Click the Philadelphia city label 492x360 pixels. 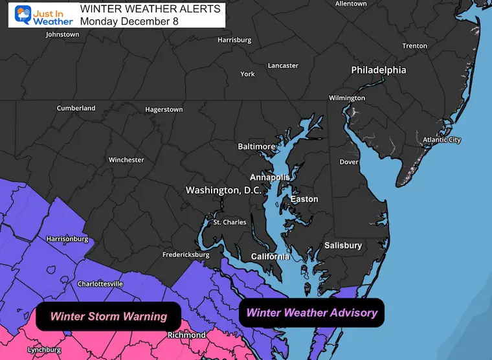(379, 69)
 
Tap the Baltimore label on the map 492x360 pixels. (256, 146)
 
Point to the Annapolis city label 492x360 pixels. (270, 177)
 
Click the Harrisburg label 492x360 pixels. (234, 40)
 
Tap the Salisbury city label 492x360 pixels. (343, 245)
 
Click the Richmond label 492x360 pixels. (186, 335)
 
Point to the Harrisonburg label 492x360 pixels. (67, 239)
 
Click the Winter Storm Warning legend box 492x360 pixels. (109, 317)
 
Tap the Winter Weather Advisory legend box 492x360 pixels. (312, 313)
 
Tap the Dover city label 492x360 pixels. (350, 162)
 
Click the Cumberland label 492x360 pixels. (76, 108)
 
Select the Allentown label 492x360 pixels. (351, 4)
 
